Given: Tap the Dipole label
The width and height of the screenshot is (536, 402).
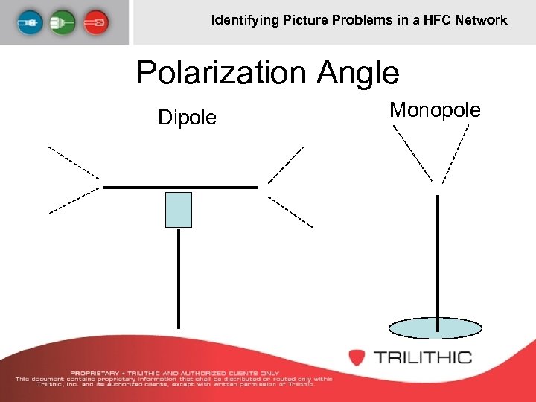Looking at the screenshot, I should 187,118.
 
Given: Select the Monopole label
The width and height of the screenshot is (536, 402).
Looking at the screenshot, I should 435,110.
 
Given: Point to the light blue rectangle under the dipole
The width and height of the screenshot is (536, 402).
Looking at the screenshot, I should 178,209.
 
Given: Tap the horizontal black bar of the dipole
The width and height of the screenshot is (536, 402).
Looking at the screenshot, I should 181,187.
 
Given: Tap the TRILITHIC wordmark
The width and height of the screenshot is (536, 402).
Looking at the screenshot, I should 422,357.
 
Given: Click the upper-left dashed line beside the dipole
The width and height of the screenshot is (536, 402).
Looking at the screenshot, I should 74,163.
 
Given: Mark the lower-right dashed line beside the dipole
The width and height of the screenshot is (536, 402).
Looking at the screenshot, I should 290,212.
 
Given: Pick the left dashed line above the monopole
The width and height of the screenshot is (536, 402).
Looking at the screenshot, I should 412,153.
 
